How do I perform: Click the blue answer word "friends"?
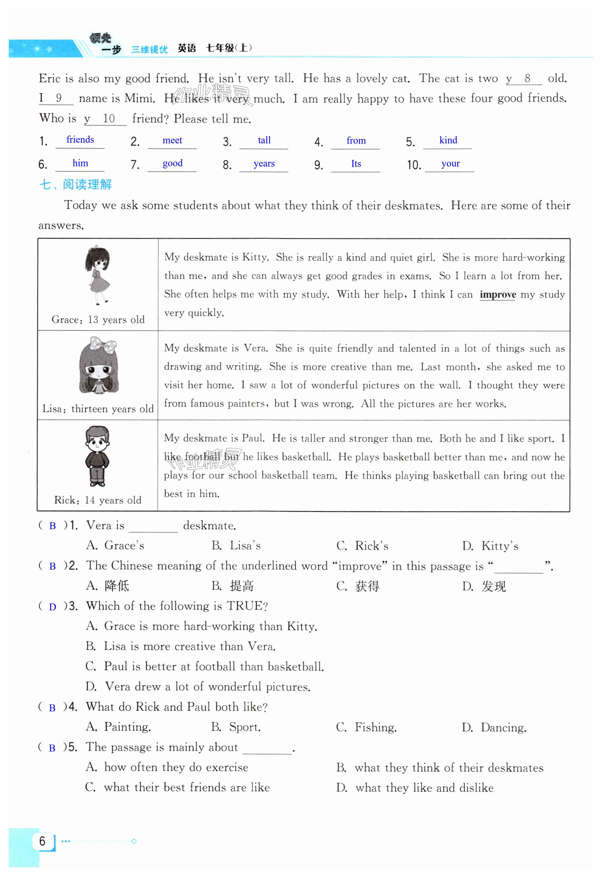tap(80, 140)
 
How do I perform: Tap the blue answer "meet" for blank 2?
tap(172, 141)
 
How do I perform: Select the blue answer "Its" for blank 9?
tap(356, 164)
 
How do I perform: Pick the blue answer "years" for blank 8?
tap(264, 164)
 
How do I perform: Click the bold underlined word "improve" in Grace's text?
tap(497, 295)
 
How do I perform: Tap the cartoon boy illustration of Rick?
tap(97, 456)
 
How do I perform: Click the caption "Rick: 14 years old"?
tap(98, 500)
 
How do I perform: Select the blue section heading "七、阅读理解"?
tap(75, 185)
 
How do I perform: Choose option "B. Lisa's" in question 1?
tap(236, 546)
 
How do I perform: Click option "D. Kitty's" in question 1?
tap(490, 546)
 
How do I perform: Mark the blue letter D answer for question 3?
tap(52, 607)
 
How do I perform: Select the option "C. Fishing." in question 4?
tap(366, 727)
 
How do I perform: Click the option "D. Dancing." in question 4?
tap(494, 727)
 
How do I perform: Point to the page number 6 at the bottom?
tap(42, 841)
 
